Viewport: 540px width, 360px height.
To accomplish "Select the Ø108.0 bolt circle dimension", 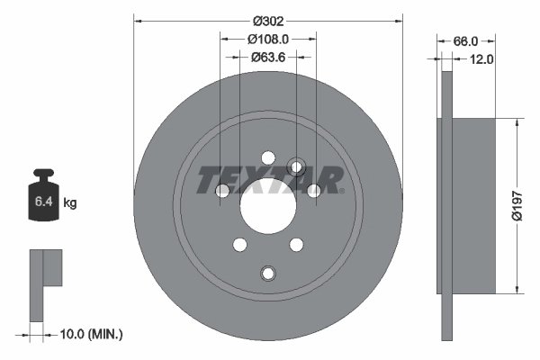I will (267, 40).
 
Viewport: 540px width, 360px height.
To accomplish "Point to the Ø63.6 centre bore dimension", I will (267, 58).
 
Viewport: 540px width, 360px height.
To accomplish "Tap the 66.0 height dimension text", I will (463, 41).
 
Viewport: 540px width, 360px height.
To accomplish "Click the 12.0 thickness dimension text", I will (483, 59).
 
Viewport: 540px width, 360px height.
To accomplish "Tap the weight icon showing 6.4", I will (43, 198).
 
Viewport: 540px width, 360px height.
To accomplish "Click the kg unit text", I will (70, 203).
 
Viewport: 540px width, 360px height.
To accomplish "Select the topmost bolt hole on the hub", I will (267, 157).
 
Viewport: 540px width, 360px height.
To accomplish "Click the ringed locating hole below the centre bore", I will (267, 273).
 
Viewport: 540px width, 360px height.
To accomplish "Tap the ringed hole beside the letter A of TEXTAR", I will (296, 166).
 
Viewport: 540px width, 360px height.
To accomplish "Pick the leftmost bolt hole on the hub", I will (221, 190).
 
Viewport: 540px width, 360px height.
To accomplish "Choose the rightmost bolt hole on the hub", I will (313, 190).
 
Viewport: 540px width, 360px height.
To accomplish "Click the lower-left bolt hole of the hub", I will (239, 244).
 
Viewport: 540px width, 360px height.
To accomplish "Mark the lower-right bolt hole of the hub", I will (295, 244).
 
